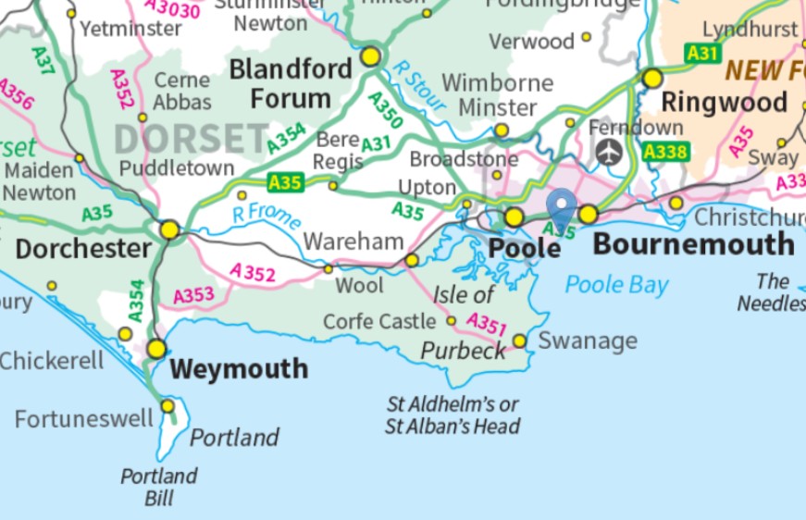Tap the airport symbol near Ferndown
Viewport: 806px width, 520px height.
pos(607,152)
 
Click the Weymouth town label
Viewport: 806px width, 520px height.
pos(240,369)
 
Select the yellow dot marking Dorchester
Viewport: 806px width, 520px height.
pos(169,229)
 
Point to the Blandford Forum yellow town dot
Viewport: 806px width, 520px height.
pos(371,56)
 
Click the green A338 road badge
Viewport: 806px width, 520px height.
pos(666,152)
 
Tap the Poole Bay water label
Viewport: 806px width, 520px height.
pos(616,284)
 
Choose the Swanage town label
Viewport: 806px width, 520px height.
pos(588,341)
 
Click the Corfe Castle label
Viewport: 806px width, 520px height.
pos(379,321)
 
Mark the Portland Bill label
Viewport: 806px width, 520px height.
pos(159,487)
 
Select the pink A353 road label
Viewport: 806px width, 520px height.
pos(194,296)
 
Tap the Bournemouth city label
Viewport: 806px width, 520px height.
pos(693,245)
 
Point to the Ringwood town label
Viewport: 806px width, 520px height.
pos(724,102)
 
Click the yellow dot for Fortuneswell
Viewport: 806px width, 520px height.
pos(167,405)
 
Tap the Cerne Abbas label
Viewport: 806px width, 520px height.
pos(182,92)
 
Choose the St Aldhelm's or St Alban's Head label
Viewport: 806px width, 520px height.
pos(453,415)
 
